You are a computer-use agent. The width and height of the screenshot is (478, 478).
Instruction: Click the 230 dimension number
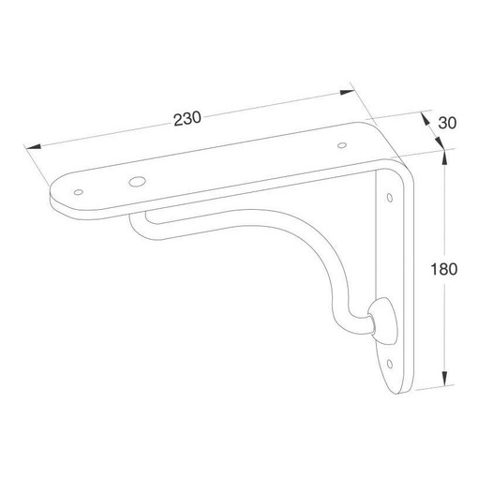pyautogui.click(x=187, y=119)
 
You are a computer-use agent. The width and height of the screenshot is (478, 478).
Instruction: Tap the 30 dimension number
pyautogui.click(x=447, y=123)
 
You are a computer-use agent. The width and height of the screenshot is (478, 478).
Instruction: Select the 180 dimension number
pyautogui.click(x=443, y=269)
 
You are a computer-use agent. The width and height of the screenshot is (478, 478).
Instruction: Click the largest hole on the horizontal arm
pyautogui.click(x=137, y=181)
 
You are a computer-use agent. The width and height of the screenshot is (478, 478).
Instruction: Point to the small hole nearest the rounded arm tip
pyautogui.click(x=79, y=192)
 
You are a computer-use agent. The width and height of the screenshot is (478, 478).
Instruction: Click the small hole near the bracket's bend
pyautogui.click(x=342, y=145)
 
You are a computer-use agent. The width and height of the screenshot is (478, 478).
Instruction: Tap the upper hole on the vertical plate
pyautogui.click(x=390, y=198)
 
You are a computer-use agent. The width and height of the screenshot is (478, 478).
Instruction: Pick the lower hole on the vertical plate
pyautogui.click(x=390, y=364)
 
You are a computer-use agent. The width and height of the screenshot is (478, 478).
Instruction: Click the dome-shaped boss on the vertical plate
pyautogui.click(x=383, y=321)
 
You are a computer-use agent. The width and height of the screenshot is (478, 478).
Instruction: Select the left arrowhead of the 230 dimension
pyautogui.click(x=34, y=146)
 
